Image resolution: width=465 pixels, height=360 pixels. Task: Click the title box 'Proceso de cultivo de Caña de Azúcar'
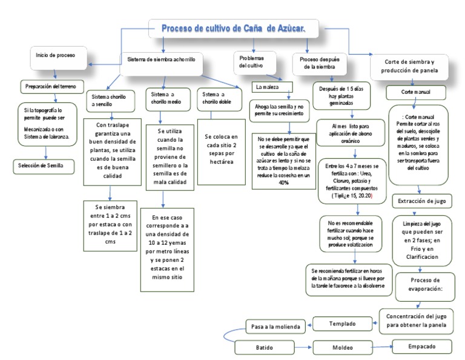click(x=234, y=28)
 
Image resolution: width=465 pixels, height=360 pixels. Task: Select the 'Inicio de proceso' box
click(x=56, y=56)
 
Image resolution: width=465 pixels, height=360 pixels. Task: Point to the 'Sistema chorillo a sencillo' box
click(x=111, y=100)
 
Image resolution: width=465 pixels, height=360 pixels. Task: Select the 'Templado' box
click(x=342, y=324)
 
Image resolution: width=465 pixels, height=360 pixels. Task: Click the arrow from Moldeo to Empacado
click(x=381, y=347)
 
